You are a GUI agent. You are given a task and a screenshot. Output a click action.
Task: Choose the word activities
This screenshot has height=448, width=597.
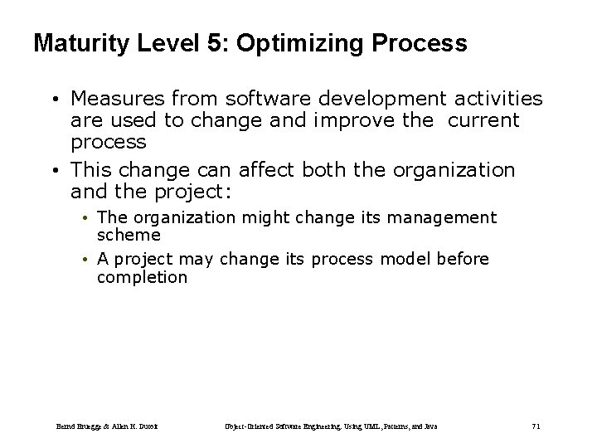[496, 100]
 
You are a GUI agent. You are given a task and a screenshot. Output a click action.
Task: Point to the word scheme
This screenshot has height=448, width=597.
[129, 235]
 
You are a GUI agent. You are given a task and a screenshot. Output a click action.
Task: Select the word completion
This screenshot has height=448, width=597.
[142, 277]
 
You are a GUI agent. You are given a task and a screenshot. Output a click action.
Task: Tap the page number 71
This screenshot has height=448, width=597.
[536, 426]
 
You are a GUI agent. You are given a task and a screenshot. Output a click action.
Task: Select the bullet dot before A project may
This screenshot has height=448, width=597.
[85, 261]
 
